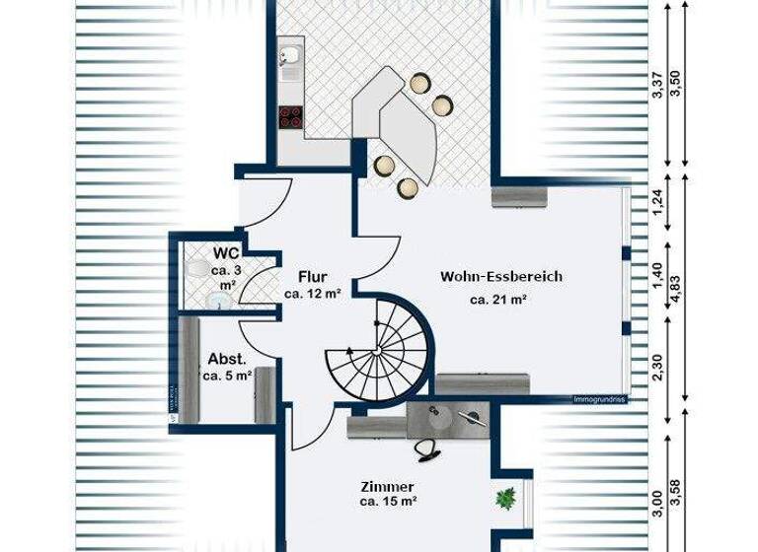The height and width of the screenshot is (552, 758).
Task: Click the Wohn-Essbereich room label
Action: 501,277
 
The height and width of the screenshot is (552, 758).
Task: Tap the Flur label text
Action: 312,277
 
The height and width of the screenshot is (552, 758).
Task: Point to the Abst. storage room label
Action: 226,359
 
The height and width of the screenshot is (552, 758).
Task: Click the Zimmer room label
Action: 387,487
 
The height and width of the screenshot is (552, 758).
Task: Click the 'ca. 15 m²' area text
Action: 387,503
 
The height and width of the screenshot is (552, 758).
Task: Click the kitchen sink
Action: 290,64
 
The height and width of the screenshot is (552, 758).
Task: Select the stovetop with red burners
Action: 291,117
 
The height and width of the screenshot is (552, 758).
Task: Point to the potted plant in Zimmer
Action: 508,498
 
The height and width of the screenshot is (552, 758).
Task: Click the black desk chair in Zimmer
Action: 429,449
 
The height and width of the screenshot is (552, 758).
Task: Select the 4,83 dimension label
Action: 677,292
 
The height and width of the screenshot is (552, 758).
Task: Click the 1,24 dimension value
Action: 658,207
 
